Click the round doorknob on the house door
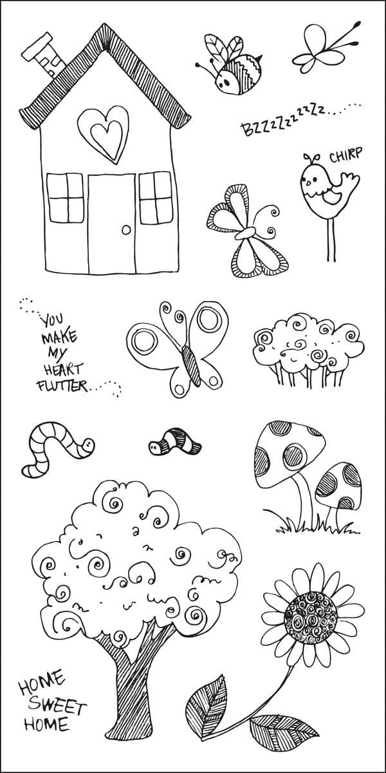click(127, 229)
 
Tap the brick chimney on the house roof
click(44, 56)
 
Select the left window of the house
click(66, 198)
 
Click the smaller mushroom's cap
click(338, 486)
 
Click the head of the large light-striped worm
click(88, 444)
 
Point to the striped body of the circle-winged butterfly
click(191, 366)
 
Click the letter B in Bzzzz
click(248, 129)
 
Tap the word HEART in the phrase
click(64, 369)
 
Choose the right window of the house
click(156, 198)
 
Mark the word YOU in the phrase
click(52, 320)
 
